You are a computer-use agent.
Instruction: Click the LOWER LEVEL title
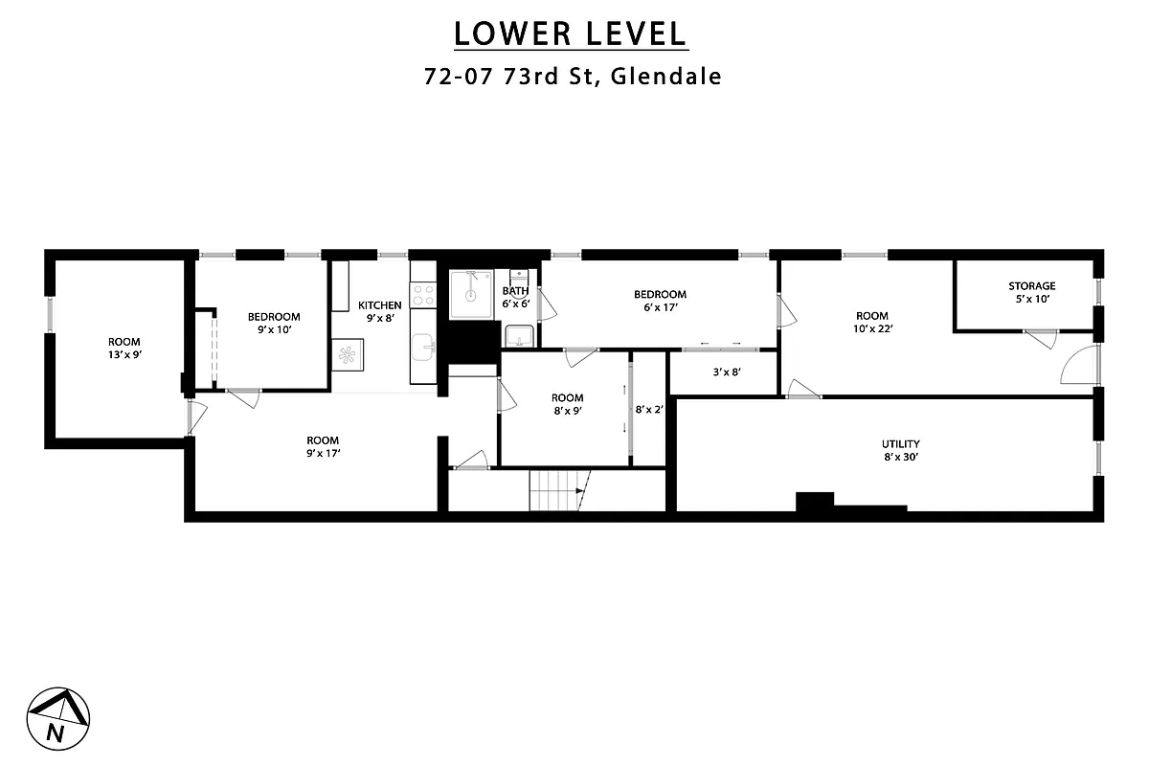(571, 34)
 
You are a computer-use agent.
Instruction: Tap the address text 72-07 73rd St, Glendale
(573, 77)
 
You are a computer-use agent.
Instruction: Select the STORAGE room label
(1031, 285)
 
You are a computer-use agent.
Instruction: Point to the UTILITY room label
(900, 443)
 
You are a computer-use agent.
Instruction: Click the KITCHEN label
(380, 305)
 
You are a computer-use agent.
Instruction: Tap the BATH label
(515, 291)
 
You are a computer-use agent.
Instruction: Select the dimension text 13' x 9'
(124, 354)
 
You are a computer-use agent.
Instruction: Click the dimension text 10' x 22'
(871, 328)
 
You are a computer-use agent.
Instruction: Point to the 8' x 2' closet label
(648, 409)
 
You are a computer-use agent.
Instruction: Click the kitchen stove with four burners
(423, 294)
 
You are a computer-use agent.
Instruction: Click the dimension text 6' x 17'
(660, 307)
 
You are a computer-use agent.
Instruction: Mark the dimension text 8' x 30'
(900, 457)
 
